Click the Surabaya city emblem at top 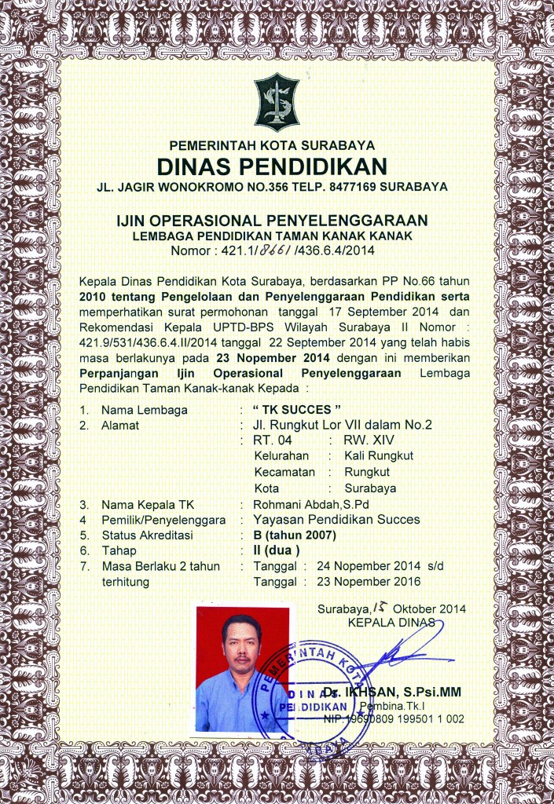pyautogui.click(x=277, y=102)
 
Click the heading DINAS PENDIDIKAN pyautogui.click(x=273, y=166)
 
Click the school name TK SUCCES pyautogui.click(x=298, y=410)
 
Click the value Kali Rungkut pyautogui.click(x=379, y=455)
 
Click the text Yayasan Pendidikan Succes pyautogui.click(x=337, y=519)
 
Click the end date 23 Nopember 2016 pyautogui.click(x=369, y=582)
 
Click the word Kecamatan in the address pyautogui.click(x=284, y=472)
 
